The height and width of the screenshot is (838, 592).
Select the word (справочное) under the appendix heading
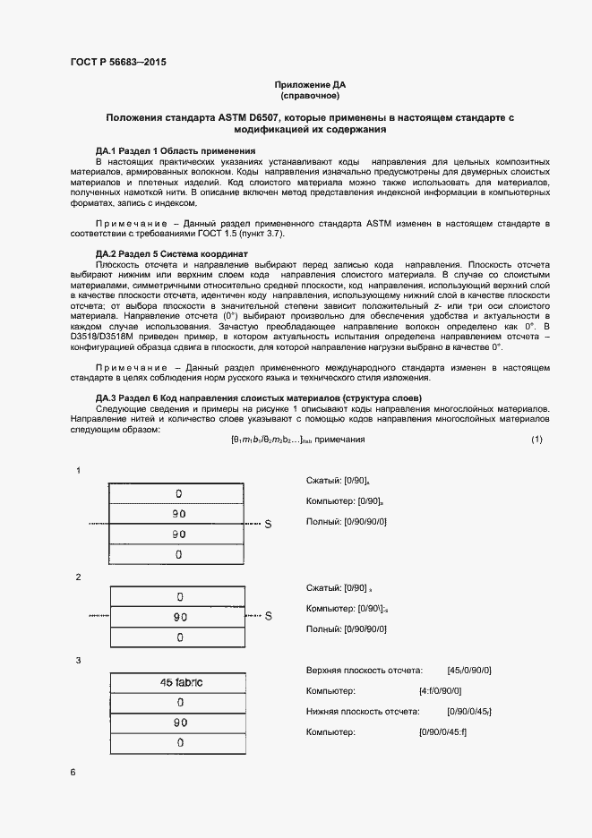tap(310, 95)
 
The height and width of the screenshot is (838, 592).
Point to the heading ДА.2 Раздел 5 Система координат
tap(172, 254)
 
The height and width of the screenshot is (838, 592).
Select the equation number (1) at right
tap(536, 440)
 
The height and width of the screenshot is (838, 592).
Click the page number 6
tap(73, 772)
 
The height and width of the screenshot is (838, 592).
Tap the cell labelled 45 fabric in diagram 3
tap(180, 682)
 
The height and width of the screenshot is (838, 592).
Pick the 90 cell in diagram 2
tap(180, 616)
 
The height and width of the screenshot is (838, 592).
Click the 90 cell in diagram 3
tap(180, 723)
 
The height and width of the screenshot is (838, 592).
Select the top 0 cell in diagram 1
tap(180, 493)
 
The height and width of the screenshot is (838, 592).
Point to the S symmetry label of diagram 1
tap(267, 524)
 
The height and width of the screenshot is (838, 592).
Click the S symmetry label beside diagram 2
tap(267, 616)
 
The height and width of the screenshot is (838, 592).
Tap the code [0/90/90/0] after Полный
tap(365, 521)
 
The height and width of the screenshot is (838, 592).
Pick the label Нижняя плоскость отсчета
tap(362, 712)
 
